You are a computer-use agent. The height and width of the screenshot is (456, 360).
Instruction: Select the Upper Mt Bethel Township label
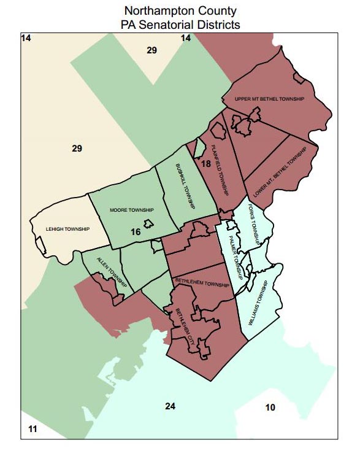(x=269, y=99)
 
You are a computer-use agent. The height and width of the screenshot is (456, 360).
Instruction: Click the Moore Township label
(x=131, y=211)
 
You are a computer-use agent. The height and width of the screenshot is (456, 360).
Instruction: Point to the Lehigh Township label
(x=67, y=230)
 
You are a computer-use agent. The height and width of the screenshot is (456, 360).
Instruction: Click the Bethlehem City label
(x=186, y=330)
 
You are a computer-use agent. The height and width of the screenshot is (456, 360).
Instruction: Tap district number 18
(x=205, y=164)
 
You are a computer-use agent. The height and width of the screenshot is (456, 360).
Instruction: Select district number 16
(x=136, y=232)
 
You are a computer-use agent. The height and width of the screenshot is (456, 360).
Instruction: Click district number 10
(x=270, y=408)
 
